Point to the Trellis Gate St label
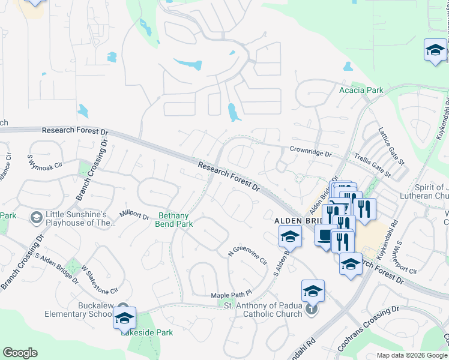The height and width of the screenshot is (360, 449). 372,167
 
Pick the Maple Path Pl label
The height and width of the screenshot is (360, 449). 230,296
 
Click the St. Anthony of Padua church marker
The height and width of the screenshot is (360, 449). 310,310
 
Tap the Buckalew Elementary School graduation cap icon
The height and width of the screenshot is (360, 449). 124,318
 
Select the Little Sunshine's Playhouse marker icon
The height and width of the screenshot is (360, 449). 36,217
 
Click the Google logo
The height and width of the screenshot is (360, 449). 20,353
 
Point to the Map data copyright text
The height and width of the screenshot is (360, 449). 412,355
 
